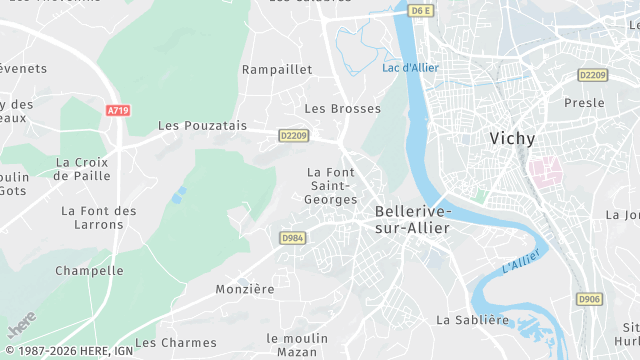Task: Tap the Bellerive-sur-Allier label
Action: coord(413,220)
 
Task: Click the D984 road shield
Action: coord(292,238)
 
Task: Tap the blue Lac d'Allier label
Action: coord(411,68)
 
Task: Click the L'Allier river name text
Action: coord(521,263)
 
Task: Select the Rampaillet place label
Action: coord(277,70)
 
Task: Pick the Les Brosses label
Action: coord(343,108)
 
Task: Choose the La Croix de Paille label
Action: coord(82,169)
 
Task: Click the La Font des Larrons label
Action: coord(98,217)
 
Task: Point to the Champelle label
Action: coord(89,271)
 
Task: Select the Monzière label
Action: coord(245,289)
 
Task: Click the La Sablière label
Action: coord(473,320)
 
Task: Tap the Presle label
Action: coord(584,103)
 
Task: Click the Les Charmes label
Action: coord(176,342)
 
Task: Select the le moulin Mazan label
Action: coord(297,346)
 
